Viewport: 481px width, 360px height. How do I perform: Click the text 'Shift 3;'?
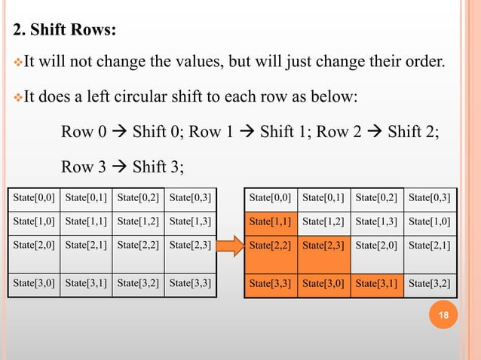point(158,167)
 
